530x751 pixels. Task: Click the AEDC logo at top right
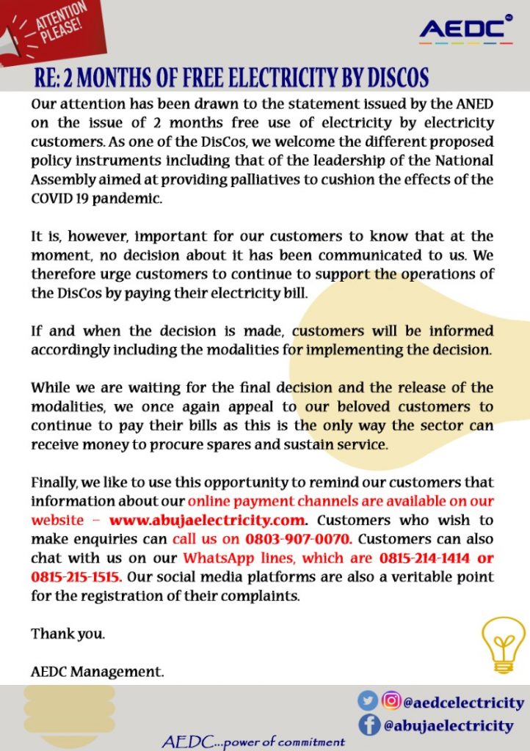coord(465,29)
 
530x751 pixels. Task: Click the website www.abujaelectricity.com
coord(208,520)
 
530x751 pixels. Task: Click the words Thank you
coord(68,634)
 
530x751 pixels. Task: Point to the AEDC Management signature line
coord(98,671)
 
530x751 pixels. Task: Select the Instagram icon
coord(392,702)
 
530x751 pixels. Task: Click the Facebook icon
coord(369,725)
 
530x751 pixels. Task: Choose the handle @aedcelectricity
coord(464,703)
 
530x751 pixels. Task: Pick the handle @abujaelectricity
coord(448,725)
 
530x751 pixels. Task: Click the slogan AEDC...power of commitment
coord(253,741)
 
